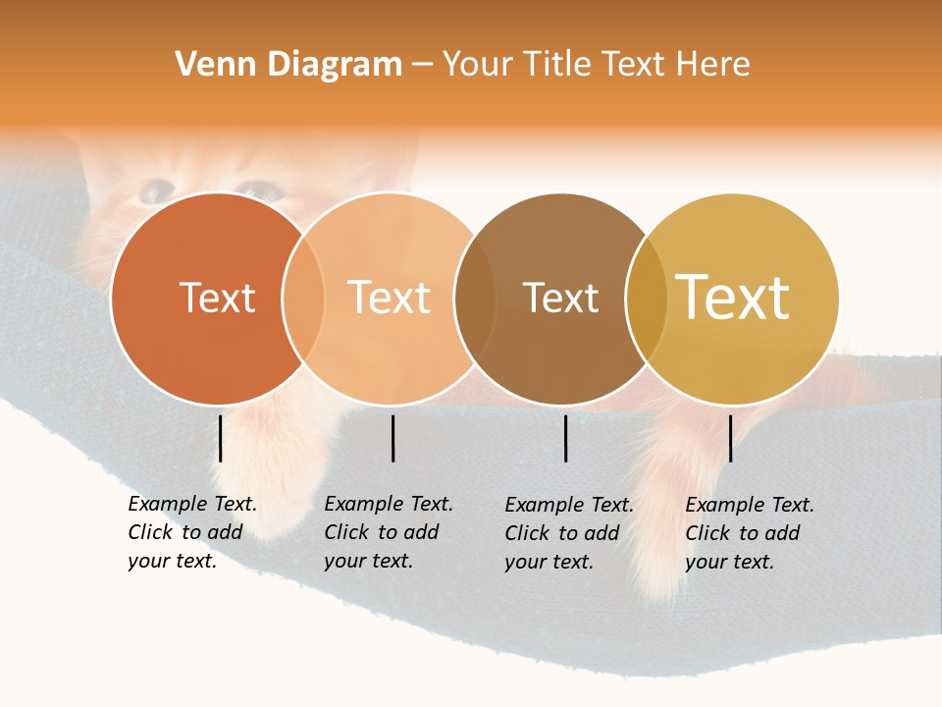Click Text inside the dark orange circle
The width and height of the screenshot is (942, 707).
[217, 298]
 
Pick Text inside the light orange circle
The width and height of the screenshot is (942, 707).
[389, 298]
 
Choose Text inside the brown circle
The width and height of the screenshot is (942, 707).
[560, 298]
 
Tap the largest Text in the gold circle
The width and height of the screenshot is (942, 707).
[733, 298]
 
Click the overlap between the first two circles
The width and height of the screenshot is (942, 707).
[303, 299]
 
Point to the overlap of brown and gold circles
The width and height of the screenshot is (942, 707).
[646, 299]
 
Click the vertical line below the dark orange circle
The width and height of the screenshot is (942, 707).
[221, 438]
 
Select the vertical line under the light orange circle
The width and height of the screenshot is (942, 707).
[392, 438]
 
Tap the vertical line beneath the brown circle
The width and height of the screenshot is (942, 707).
[566, 438]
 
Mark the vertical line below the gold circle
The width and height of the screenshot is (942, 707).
[730, 438]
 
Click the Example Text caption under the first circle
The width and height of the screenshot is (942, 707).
[192, 532]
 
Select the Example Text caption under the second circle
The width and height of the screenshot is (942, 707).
[389, 532]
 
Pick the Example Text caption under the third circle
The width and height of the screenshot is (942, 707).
[569, 533]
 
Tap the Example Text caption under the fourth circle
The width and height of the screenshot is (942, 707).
[750, 533]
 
